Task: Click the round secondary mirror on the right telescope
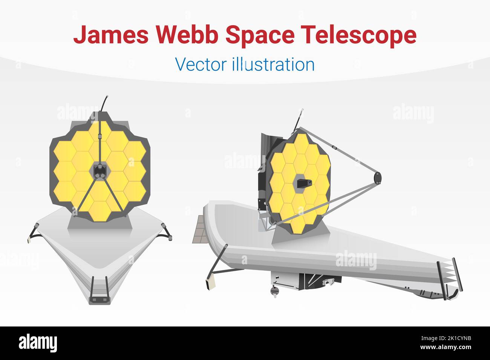pos(377,176)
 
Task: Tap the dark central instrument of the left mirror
pos(99,171)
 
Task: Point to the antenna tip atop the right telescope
pos(302,110)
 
